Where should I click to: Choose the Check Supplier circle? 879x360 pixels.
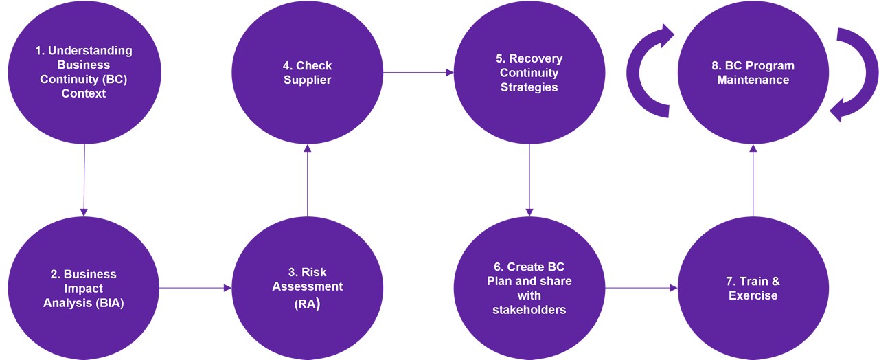307,72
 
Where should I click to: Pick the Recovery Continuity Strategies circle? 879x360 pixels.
529,72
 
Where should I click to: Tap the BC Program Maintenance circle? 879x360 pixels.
753,72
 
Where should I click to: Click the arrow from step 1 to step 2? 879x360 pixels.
84,179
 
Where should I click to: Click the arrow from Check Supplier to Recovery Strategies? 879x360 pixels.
418,71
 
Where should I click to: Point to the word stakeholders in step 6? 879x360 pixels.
529,310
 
